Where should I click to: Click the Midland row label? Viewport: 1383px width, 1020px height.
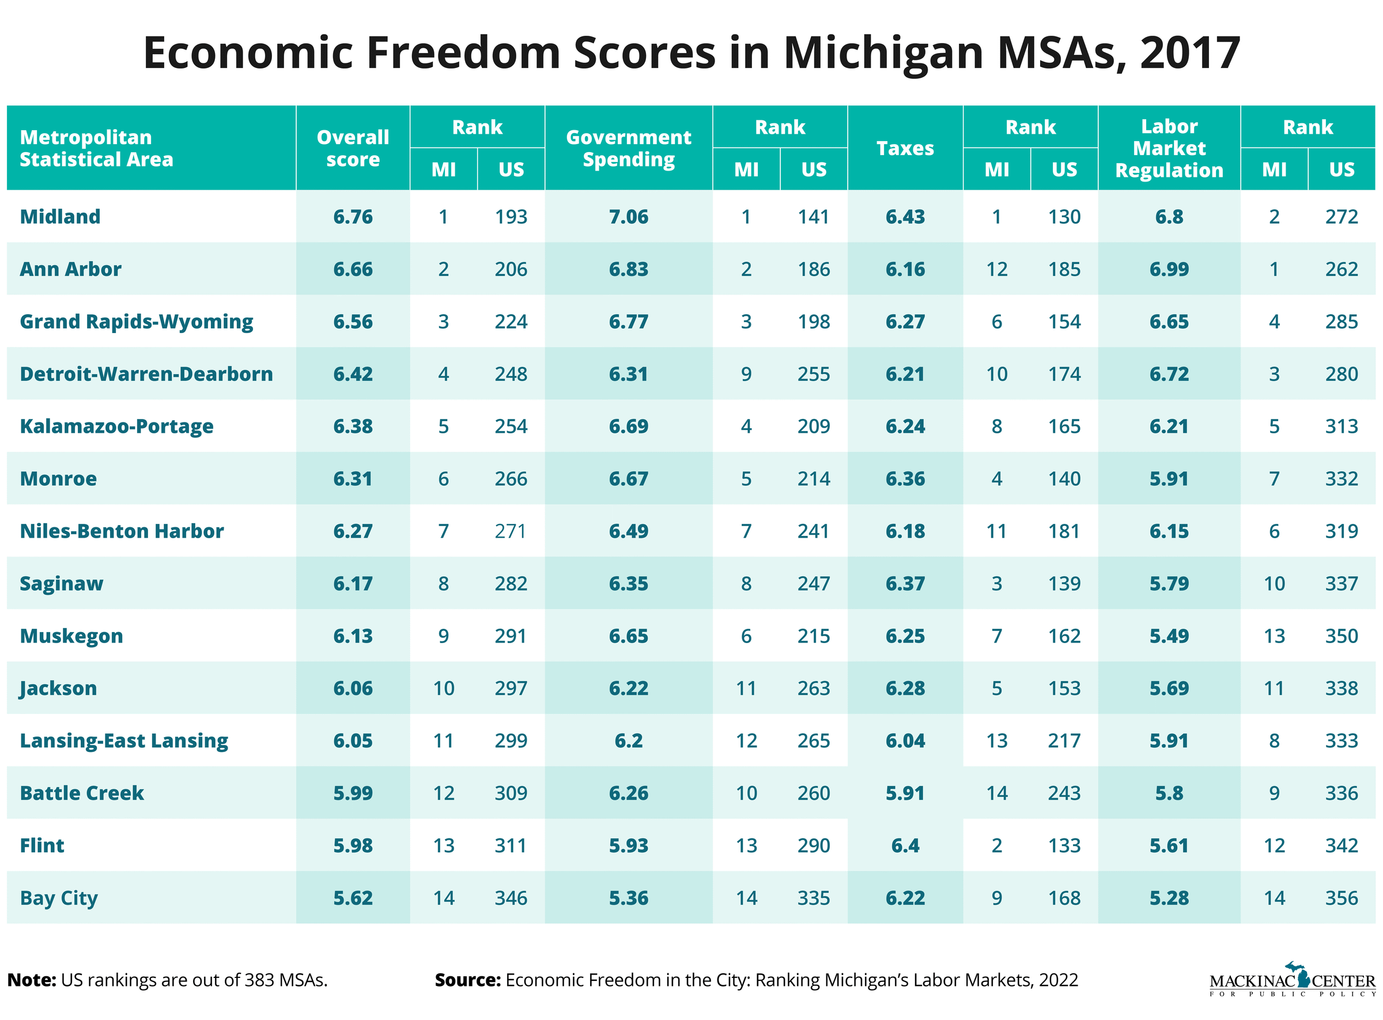[60, 217]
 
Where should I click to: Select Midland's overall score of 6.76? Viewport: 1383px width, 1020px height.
[353, 217]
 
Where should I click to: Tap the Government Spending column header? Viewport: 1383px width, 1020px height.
[629, 148]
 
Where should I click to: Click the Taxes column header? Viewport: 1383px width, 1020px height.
[905, 148]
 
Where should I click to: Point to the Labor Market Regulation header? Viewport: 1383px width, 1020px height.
[1169, 148]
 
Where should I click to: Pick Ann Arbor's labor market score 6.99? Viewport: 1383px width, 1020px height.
[1169, 269]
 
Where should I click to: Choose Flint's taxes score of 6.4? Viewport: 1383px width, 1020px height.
[905, 845]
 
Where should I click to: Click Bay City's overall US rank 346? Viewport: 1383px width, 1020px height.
[511, 898]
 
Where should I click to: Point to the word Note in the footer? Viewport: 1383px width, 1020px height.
[31, 980]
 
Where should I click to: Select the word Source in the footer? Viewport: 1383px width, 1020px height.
[467, 980]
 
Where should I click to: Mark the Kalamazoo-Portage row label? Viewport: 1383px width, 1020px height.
[116, 426]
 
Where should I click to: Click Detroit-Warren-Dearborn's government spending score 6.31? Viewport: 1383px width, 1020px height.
[629, 374]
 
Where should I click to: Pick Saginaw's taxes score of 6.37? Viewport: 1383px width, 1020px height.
[905, 583]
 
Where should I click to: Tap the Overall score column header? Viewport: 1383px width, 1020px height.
[353, 148]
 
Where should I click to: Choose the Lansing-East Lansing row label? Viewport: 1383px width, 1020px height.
[124, 741]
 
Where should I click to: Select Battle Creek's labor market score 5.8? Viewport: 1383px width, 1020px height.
[1169, 793]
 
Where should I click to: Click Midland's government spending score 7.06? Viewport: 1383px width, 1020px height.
[629, 217]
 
